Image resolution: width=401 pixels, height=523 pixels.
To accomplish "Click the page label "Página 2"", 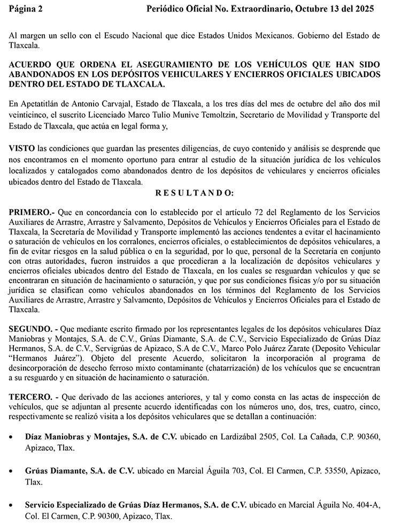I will coord(26,9).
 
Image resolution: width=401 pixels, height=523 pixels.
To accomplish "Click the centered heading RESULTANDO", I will coord(194,193).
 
